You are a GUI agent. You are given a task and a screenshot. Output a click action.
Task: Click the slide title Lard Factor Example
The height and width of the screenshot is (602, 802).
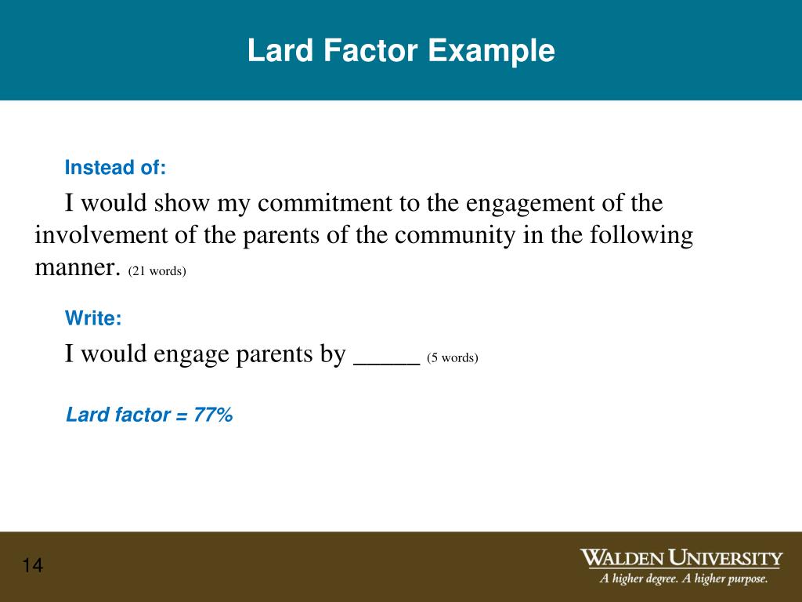click(401, 52)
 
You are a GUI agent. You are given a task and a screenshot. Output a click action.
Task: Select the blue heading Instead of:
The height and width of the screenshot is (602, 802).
click(115, 168)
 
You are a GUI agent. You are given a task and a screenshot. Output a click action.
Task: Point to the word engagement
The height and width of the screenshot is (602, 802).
click(529, 204)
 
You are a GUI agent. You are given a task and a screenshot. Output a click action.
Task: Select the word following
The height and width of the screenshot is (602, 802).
click(636, 236)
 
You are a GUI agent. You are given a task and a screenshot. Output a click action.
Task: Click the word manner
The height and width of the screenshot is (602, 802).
click(78, 268)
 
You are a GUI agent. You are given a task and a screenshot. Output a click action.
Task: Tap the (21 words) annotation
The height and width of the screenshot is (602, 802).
click(157, 271)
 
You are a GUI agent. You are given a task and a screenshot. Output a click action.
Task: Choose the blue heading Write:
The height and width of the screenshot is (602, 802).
click(93, 318)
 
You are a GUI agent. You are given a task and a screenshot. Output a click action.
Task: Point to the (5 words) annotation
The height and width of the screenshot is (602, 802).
click(452, 358)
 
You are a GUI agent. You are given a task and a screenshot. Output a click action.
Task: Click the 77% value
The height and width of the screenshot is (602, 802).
click(213, 415)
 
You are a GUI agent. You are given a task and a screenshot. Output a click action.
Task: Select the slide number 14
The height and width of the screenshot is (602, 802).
click(33, 566)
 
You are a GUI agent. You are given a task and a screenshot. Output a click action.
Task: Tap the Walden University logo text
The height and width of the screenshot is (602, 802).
click(681, 559)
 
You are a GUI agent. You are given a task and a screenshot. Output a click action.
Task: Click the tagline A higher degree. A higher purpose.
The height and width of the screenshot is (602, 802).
click(684, 580)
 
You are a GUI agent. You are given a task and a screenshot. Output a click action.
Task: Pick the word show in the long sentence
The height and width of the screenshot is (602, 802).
click(182, 204)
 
